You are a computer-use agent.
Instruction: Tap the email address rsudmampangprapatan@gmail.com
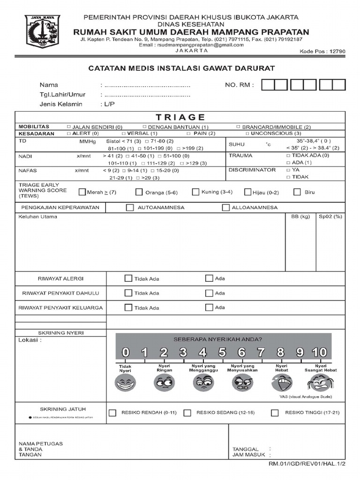198,45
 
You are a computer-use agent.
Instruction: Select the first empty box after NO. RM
268,85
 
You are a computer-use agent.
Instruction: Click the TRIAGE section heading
180,117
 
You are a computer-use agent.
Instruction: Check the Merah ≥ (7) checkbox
82,192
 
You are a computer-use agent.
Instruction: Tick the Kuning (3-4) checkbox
195,192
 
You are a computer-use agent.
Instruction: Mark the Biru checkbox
297,192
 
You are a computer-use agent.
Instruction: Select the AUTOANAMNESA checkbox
130,207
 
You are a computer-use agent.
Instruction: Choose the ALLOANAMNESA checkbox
225,207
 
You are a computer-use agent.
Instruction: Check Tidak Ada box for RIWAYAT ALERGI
128,278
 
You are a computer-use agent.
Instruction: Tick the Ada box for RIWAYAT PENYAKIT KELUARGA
209,307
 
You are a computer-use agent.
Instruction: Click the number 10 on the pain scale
320,352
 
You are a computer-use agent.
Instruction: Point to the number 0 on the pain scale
126,352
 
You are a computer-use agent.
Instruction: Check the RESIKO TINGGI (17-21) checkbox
275,412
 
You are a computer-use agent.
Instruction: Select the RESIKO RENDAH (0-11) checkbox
112,412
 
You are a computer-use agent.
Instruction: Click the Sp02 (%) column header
330,217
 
